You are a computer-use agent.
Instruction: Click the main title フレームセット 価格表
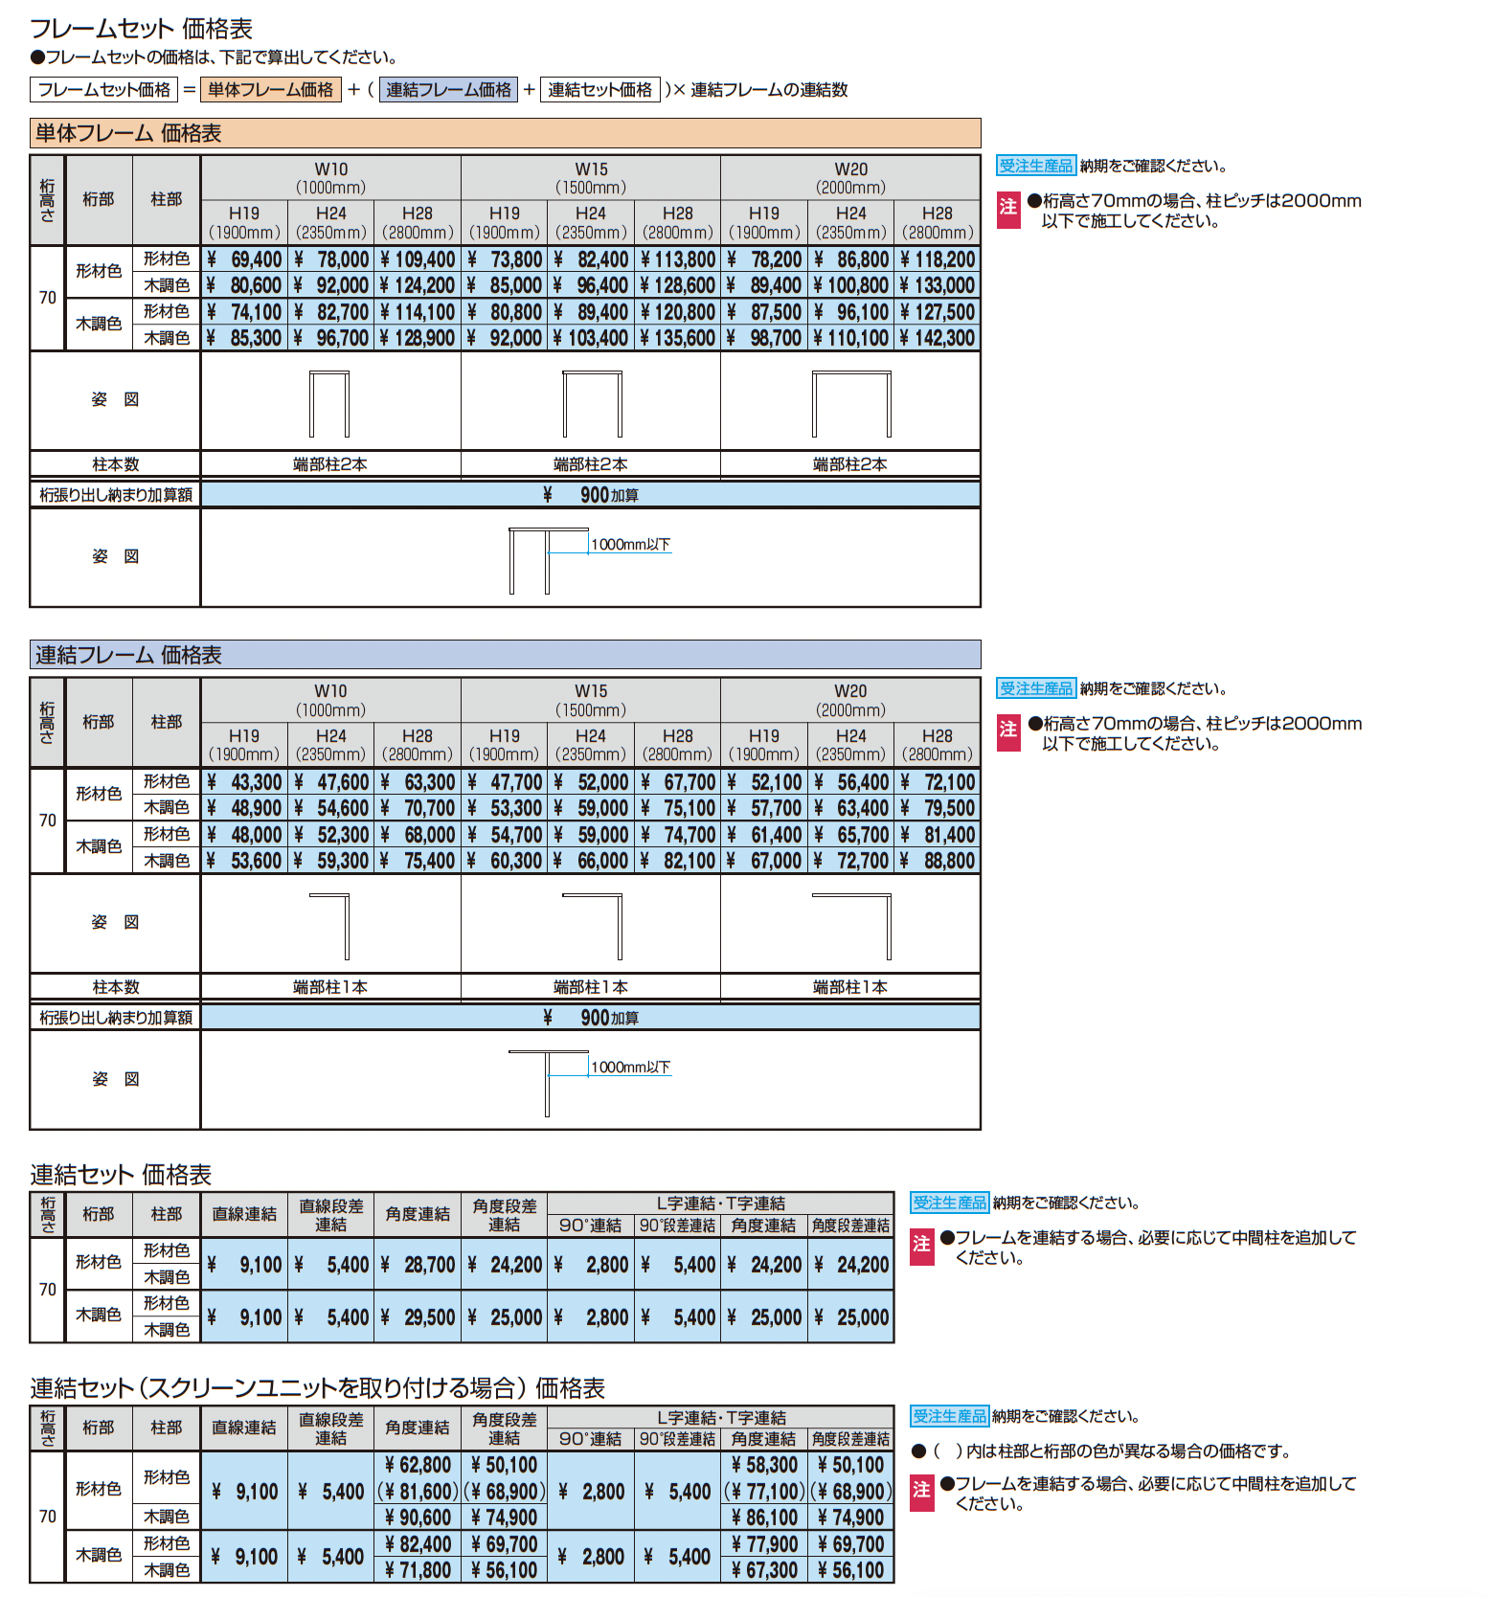[x=142, y=29]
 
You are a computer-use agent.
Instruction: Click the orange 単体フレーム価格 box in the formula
[x=270, y=90]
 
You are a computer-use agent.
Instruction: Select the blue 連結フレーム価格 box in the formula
[x=448, y=90]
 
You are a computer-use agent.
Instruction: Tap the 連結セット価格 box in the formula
[x=599, y=90]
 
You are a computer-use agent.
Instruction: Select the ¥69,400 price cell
[x=245, y=259]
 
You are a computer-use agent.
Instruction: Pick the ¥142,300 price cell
[x=938, y=338]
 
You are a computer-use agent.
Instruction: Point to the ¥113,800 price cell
[x=678, y=259]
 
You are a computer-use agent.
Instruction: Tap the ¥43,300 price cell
[x=245, y=782]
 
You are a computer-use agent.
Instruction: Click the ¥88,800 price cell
[x=938, y=861]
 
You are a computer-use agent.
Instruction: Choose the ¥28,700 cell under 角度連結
[x=418, y=1265]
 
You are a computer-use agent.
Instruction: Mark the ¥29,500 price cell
[x=418, y=1317]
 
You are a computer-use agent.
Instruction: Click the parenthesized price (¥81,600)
[x=418, y=1492]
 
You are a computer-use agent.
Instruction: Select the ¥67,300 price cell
[x=763, y=1570]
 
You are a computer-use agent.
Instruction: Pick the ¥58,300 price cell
[x=763, y=1465]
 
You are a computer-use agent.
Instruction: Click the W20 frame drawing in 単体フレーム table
[x=851, y=403]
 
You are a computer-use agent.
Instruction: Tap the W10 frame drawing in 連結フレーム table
[x=330, y=925]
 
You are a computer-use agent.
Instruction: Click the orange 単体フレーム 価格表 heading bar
[x=505, y=133]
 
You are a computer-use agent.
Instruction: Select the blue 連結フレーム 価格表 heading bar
[x=505, y=655]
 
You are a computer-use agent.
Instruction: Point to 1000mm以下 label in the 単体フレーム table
[x=630, y=545]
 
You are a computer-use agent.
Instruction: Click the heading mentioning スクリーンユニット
[x=317, y=1388]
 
